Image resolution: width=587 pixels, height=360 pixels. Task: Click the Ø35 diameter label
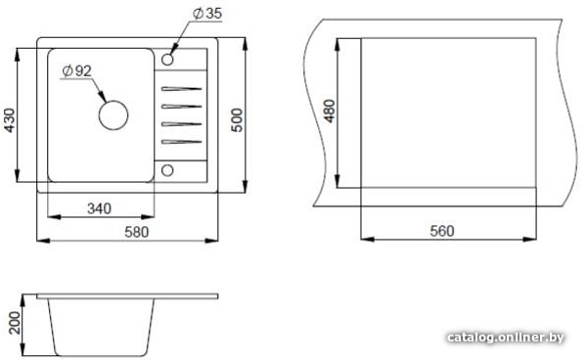point(207,14)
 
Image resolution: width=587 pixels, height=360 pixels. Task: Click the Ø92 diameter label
point(76,70)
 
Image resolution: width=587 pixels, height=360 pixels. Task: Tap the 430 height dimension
point(9,120)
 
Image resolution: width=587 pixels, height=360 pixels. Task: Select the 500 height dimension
point(237,119)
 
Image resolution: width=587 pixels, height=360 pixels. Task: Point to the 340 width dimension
point(99,208)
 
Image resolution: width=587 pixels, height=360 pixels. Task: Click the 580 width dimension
point(137,232)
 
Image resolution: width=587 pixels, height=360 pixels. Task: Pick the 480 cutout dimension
point(330,111)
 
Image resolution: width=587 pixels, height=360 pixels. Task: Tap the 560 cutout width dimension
point(442,231)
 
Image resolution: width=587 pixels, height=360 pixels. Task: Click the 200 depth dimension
point(15,323)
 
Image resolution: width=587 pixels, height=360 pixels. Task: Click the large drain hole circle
point(113,115)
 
